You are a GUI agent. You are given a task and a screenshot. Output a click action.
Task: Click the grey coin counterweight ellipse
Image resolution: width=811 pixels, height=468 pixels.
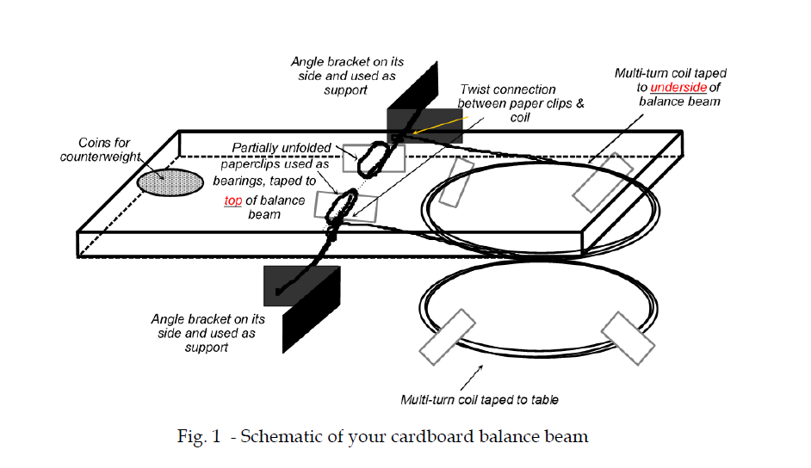(170, 183)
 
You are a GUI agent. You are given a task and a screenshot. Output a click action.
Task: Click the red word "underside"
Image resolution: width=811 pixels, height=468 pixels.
(678, 87)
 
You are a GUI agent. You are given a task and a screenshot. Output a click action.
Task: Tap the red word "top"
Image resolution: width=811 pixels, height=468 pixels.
(233, 200)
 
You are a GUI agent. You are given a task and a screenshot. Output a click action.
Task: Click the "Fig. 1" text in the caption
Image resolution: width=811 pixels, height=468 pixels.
(199, 437)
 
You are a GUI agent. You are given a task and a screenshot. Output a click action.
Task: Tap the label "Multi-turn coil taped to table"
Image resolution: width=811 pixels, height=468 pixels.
(480, 400)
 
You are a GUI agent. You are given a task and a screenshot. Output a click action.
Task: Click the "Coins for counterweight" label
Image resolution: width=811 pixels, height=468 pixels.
(101, 150)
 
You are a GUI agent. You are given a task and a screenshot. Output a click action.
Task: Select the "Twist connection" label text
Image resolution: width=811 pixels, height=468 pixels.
(508, 89)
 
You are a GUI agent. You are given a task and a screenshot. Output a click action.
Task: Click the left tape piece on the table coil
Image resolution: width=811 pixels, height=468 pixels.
(447, 337)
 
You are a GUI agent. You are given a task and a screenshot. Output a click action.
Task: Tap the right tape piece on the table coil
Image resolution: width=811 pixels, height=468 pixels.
(628, 338)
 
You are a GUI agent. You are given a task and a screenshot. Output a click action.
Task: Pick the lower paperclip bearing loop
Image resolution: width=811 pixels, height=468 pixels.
(342, 206)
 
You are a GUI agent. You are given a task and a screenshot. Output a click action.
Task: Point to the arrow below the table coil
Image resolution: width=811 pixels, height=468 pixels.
(471, 378)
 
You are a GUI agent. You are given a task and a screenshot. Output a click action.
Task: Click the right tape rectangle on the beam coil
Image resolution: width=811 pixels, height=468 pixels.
(603, 182)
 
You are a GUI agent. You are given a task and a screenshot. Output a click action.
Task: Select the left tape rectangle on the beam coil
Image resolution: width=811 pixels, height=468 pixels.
(456, 182)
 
